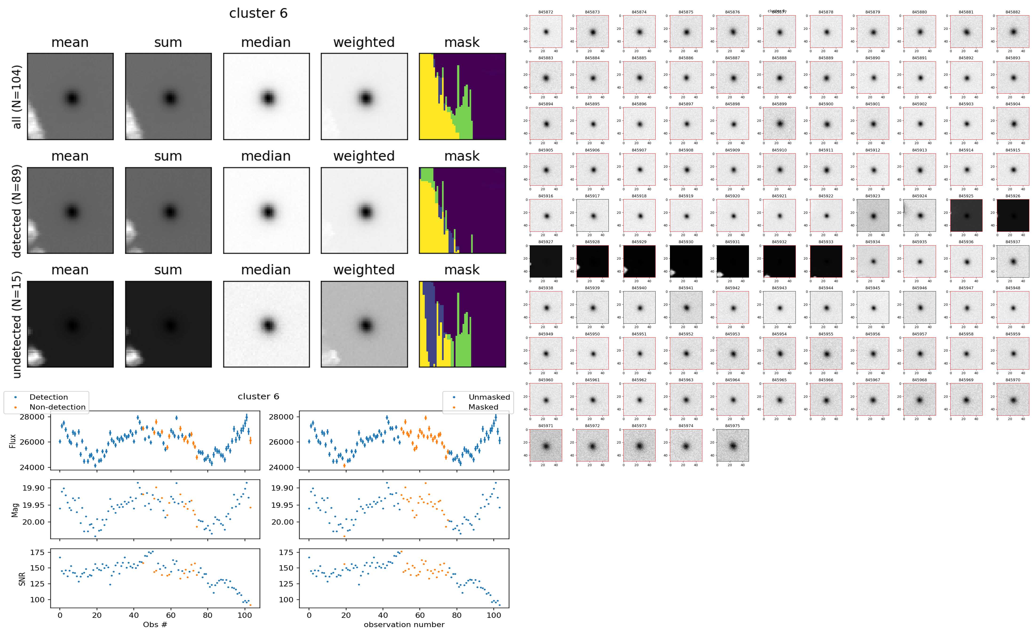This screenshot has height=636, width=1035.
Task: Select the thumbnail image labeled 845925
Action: [966, 215]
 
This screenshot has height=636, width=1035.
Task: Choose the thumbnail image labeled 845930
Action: [686, 261]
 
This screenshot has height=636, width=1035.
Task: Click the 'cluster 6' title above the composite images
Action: [258, 13]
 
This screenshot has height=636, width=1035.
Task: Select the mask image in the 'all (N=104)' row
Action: [462, 96]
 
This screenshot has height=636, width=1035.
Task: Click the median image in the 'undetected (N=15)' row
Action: [266, 324]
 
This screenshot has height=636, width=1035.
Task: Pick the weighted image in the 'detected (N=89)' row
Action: [364, 210]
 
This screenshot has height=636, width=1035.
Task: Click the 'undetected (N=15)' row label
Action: [17, 324]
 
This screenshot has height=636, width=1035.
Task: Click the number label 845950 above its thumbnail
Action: [592, 334]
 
